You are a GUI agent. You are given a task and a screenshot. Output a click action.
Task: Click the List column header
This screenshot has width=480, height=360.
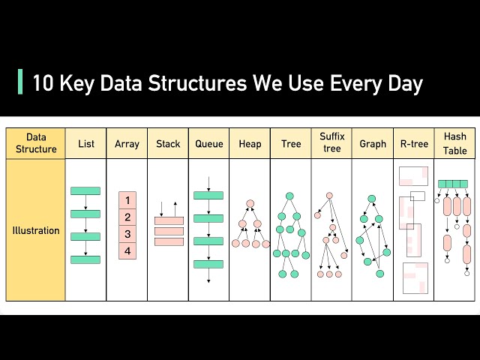[85, 143]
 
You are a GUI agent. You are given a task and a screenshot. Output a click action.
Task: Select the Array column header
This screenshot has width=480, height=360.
[126, 143]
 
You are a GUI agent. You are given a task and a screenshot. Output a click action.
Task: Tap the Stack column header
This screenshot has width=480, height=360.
[167, 143]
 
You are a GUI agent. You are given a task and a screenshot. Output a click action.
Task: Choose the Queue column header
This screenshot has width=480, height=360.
[208, 143]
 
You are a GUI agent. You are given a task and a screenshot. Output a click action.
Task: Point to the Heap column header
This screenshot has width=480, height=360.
[250, 143]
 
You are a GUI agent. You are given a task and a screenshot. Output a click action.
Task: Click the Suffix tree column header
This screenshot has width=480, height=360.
[331, 142]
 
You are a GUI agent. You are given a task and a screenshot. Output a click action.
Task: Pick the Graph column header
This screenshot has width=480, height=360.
[373, 143]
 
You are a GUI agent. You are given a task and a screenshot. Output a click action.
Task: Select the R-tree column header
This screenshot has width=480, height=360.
[413, 143]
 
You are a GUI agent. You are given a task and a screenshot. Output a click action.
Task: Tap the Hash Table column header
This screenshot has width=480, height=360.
[454, 142]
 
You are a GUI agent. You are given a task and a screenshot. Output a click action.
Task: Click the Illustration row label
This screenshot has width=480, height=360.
[35, 230]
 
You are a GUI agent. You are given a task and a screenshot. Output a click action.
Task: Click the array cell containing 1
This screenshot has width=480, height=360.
[127, 200]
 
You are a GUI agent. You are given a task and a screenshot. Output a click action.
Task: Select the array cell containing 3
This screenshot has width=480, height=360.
[127, 234]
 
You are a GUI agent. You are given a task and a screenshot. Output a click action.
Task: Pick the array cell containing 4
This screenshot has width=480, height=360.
[127, 251]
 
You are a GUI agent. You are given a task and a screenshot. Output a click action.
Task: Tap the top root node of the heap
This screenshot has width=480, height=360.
[250, 203]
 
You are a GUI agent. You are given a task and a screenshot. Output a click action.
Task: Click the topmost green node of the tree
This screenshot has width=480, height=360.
[289, 196]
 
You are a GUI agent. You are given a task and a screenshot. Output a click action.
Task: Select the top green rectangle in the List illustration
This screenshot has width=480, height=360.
[85, 191]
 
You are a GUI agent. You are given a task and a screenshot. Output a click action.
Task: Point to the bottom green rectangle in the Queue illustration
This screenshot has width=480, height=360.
[208, 264]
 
